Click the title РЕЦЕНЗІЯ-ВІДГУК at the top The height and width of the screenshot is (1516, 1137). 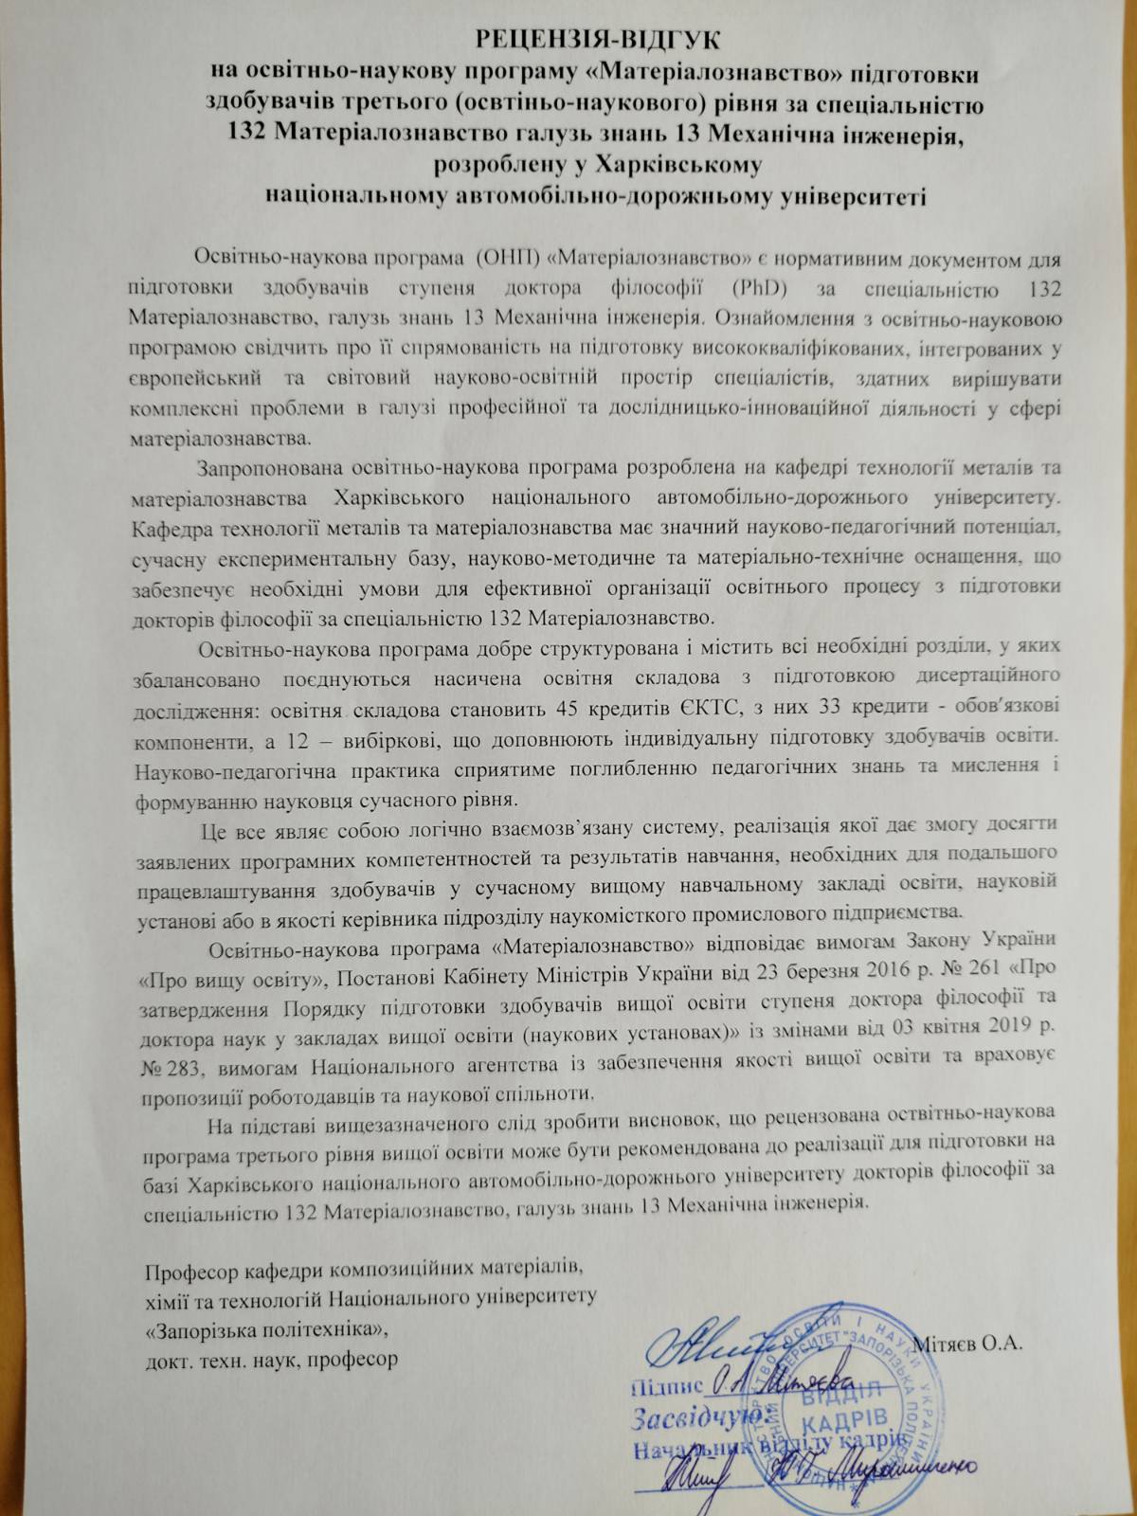pos(598,41)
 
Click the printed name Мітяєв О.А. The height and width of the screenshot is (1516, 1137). pos(972,1344)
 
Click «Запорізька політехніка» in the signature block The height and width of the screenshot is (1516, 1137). pos(266,1329)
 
